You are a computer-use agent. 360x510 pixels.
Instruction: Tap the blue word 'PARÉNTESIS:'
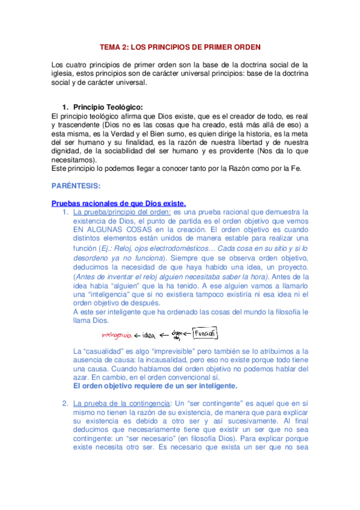(x=76, y=186)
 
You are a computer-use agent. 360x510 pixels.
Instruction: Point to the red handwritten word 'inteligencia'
(x=117, y=334)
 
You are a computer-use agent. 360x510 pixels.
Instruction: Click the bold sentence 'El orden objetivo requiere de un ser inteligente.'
(x=154, y=385)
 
